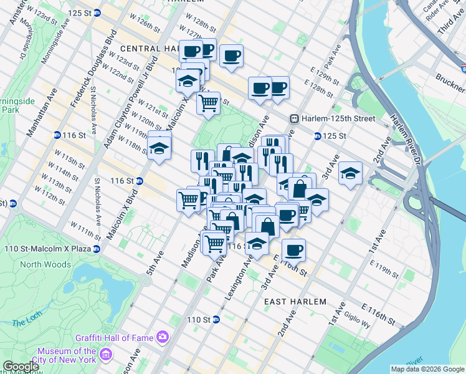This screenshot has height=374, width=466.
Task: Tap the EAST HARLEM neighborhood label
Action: coord(295,302)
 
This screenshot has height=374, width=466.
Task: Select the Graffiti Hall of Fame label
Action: coord(115,338)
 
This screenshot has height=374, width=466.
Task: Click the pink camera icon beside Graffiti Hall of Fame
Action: coord(163,337)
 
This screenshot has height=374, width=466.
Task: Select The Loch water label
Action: coord(26,322)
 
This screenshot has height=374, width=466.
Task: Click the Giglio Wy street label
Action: coord(358,320)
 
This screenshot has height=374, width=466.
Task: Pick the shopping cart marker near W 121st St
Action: coord(208,102)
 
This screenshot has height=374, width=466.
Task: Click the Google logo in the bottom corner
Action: coord(20,367)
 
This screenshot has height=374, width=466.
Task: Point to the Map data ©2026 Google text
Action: coord(427,369)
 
